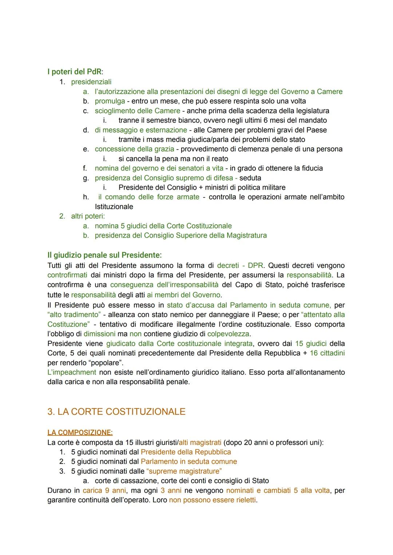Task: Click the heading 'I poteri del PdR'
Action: click(x=75, y=72)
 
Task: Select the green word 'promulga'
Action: click(x=110, y=101)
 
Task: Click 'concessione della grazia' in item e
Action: click(x=134, y=149)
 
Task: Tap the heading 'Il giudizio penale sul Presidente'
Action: click(x=104, y=255)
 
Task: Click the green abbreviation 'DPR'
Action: click(x=255, y=266)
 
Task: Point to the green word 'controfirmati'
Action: click(x=67, y=275)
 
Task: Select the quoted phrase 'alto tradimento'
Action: click(x=74, y=314)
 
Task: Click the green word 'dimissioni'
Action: click(x=99, y=334)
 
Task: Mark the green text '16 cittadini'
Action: click(x=327, y=353)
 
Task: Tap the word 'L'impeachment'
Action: click(x=72, y=372)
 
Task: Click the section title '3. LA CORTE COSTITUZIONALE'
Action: click(x=116, y=412)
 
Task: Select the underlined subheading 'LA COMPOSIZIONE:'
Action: click(x=80, y=432)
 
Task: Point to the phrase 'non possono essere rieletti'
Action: click(x=213, y=500)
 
